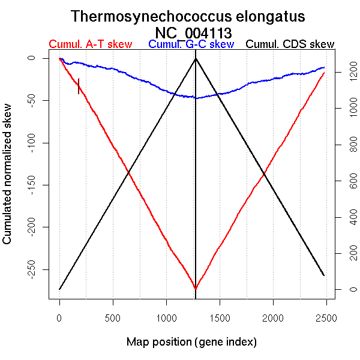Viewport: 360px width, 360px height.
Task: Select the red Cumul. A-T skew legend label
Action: pos(90,44)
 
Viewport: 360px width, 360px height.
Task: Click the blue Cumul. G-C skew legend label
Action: pos(191,44)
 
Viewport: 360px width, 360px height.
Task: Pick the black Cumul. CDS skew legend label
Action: pos(290,44)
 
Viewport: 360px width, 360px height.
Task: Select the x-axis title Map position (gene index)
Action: pos(191,342)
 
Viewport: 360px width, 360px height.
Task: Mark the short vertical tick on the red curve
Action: pos(79,86)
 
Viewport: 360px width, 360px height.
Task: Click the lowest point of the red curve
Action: pos(196,289)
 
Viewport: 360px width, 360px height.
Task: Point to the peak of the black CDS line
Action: pos(196,58)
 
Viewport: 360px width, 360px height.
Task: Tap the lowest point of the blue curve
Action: pos(196,98)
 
